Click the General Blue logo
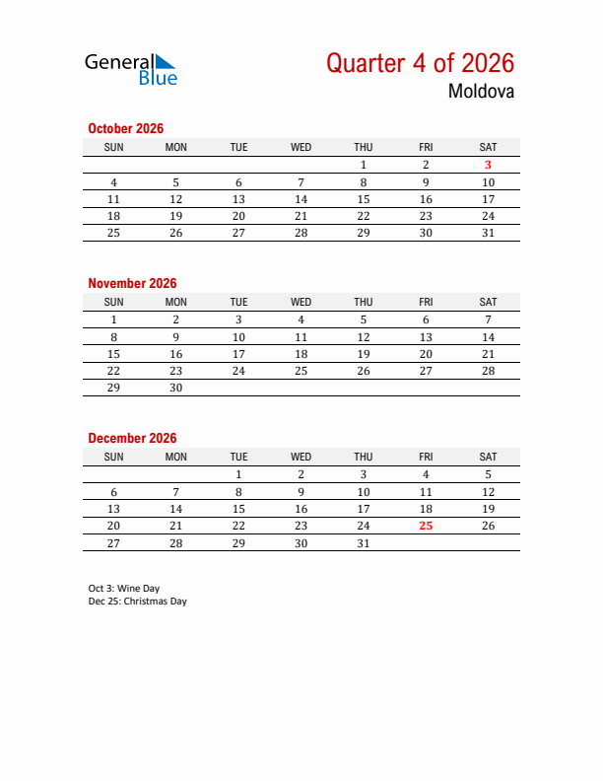(x=130, y=68)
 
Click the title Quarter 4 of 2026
(x=420, y=63)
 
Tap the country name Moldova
(x=481, y=93)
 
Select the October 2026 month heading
(x=125, y=128)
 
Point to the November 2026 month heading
(x=132, y=283)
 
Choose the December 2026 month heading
(x=132, y=438)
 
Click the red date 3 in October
(x=488, y=165)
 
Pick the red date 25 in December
(x=426, y=526)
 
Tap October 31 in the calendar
(x=488, y=233)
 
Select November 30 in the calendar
(x=176, y=388)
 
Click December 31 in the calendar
(x=364, y=542)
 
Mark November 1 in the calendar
(x=113, y=319)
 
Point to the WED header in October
(x=301, y=147)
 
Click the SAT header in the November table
(x=488, y=302)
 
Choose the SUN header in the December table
(x=113, y=457)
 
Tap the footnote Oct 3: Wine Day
(x=123, y=588)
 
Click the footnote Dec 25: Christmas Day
(x=137, y=601)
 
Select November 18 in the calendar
(x=301, y=353)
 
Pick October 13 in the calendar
(x=238, y=198)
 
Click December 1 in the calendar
(x=238, y=474)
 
